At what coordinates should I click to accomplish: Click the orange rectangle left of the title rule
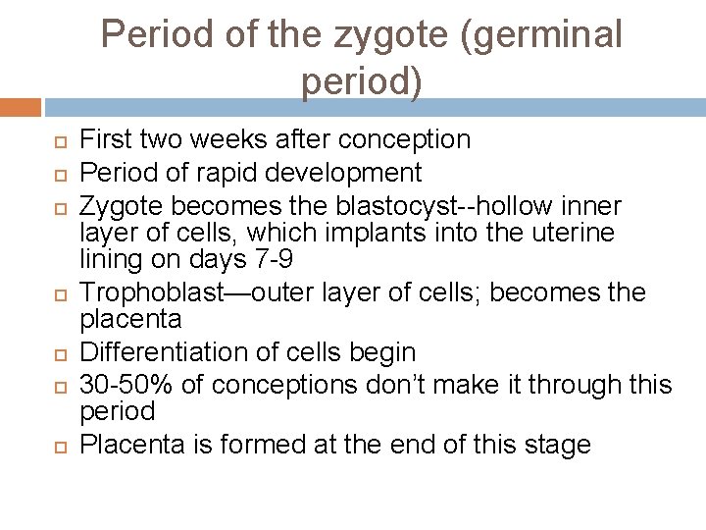[x=20, y=106]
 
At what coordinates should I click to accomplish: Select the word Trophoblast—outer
[x=198, y=292]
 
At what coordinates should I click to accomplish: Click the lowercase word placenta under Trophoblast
[x=130, y=319]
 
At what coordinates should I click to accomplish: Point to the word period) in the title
[x=362, y=82]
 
